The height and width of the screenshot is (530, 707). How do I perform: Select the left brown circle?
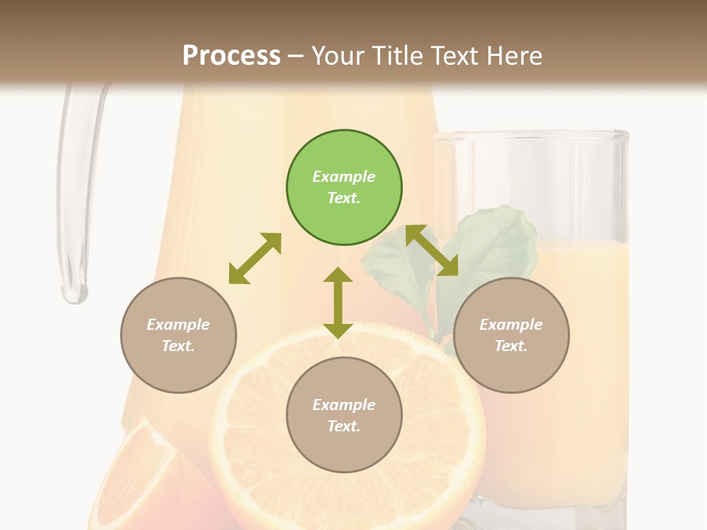[x=178, y=335]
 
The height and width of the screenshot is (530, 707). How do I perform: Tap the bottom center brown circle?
[x=344, y=415]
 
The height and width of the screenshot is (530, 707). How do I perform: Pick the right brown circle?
[x=511, y=335]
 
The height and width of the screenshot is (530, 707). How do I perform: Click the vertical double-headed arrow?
[x=338, y=303]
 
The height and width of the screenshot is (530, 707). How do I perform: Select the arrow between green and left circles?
[x=255, y=258]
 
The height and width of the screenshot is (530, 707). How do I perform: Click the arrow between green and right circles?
[x=432, y=250]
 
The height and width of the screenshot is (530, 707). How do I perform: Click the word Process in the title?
[x=231, y=55]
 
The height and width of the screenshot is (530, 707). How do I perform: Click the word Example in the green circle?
[x=344, y=177]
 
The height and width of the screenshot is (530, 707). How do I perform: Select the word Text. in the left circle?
[x=178, y=346]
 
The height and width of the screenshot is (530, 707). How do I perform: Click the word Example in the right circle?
[x=511, y=325]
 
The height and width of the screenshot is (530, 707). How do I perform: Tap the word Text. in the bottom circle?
[x=344, y=426]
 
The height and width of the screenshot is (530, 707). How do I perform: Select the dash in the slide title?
[x=296, y=57]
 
